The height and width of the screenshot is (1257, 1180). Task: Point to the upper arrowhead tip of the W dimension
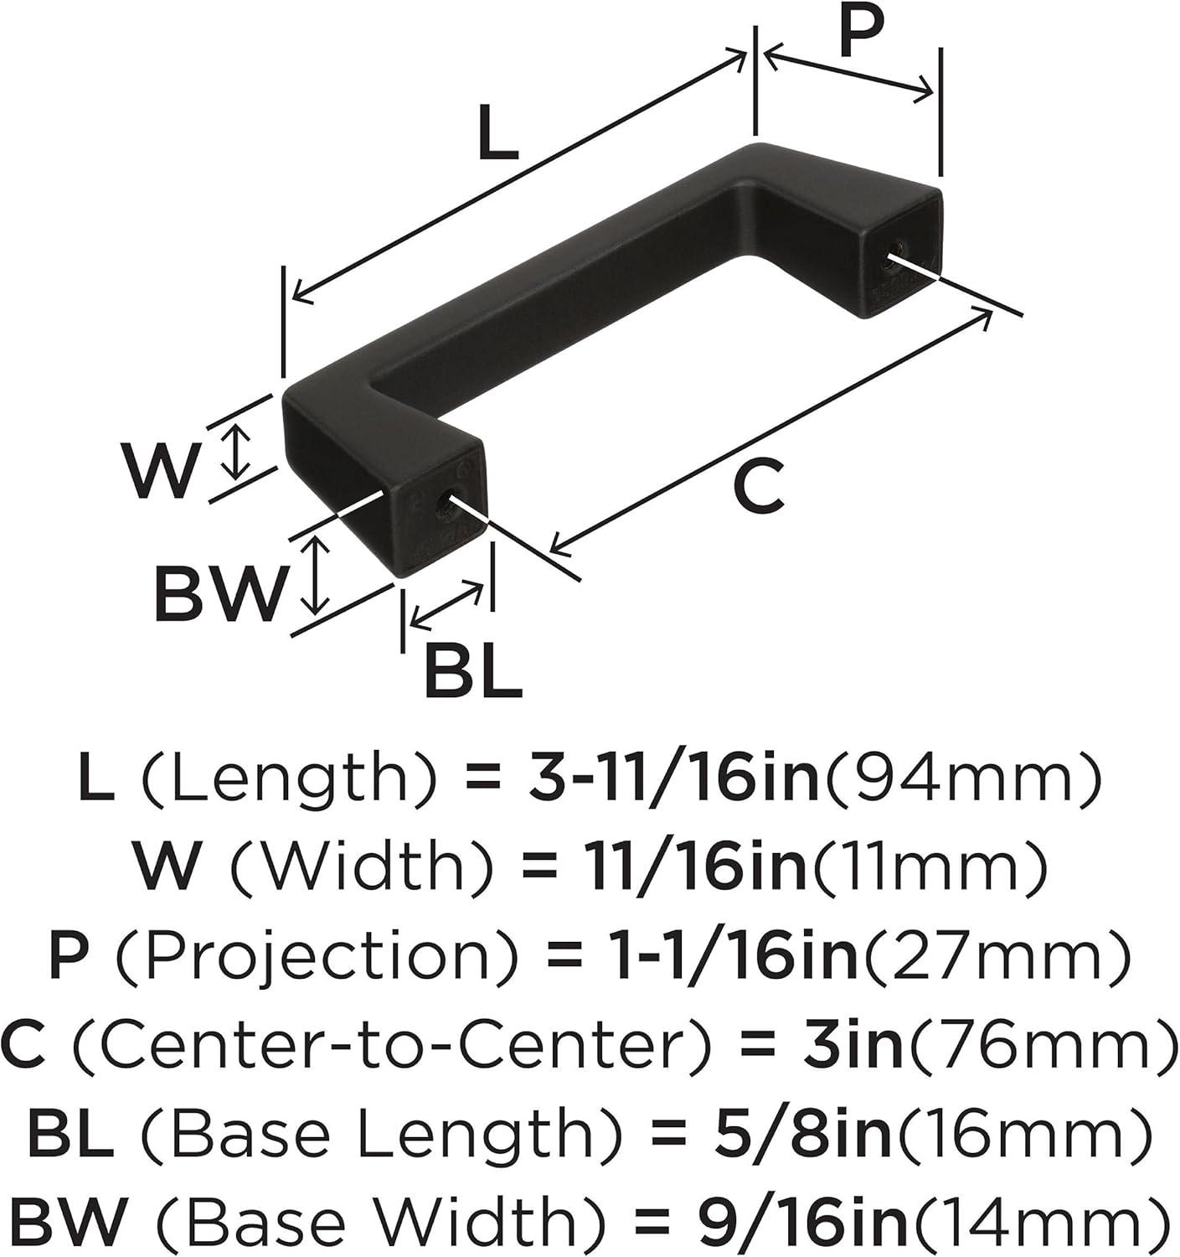(x=237, y=424)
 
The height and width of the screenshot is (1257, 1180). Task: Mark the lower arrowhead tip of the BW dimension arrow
(x=314, y=613)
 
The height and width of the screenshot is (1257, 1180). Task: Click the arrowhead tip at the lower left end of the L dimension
(x=292, y=298)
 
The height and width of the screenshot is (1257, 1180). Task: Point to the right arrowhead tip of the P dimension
(x=933, y=95)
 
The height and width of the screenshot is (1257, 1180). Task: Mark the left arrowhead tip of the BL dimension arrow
(x=410, y=626)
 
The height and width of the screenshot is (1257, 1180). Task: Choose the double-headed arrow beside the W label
(x=237, y=452)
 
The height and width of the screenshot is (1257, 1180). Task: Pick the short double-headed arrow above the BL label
(x=447, y=605)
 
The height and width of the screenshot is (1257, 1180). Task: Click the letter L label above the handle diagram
(x=497, y=132)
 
